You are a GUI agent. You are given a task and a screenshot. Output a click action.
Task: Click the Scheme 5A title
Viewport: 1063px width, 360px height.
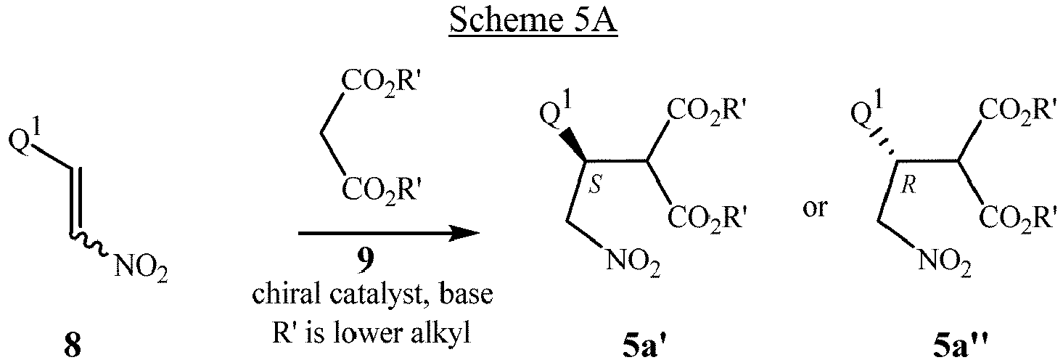(533, 21)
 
